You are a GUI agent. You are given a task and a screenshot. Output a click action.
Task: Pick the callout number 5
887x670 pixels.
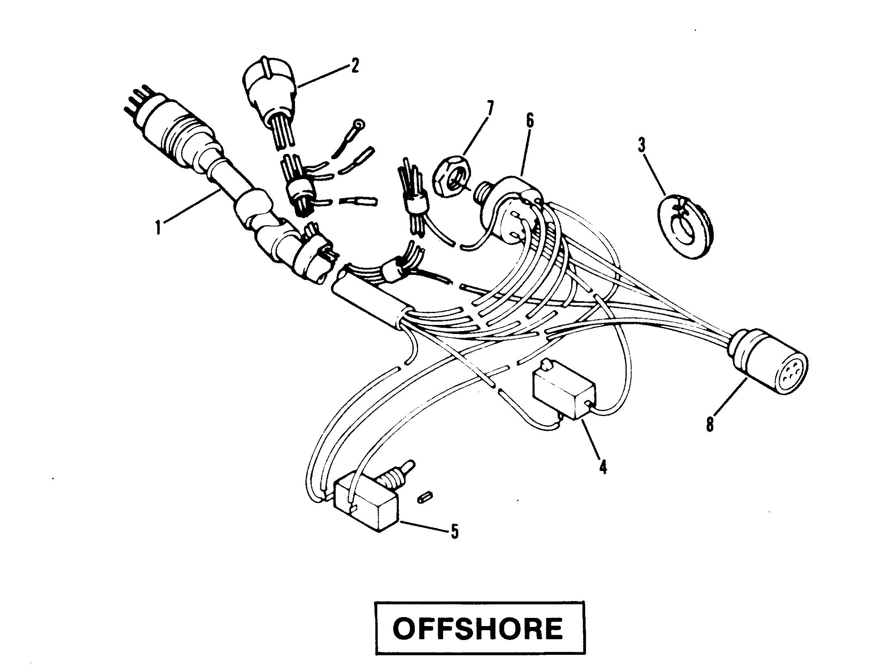(454, 532)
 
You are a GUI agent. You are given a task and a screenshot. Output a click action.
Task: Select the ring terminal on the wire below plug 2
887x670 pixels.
(359, 123)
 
